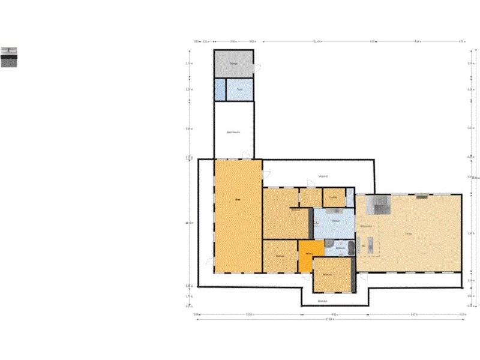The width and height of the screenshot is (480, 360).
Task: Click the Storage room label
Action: click(233, 62)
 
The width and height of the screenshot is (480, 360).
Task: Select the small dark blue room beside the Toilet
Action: click(220, 89)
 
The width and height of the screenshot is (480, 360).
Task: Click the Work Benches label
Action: click(233, 132)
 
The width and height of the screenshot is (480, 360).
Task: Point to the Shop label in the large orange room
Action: click(238, 199)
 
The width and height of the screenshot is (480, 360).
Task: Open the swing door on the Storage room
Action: click(257, 68)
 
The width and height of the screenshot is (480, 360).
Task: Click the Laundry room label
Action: click(333, 197)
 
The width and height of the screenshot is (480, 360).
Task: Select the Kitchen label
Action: click(336, 221)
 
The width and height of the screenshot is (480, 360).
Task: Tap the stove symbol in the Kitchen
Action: click(316, 223)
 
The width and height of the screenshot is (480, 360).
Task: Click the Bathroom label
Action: click(340, 247)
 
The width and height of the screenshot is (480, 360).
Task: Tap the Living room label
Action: click(407, 233)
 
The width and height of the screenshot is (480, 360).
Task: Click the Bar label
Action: click(364, 245)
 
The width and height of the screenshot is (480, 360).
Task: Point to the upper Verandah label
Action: click(322, 176)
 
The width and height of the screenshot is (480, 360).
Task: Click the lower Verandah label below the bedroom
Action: click(322, 301)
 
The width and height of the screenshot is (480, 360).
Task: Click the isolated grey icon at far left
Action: click(8, 56)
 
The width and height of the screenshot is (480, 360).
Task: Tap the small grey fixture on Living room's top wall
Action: click(422, 196)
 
